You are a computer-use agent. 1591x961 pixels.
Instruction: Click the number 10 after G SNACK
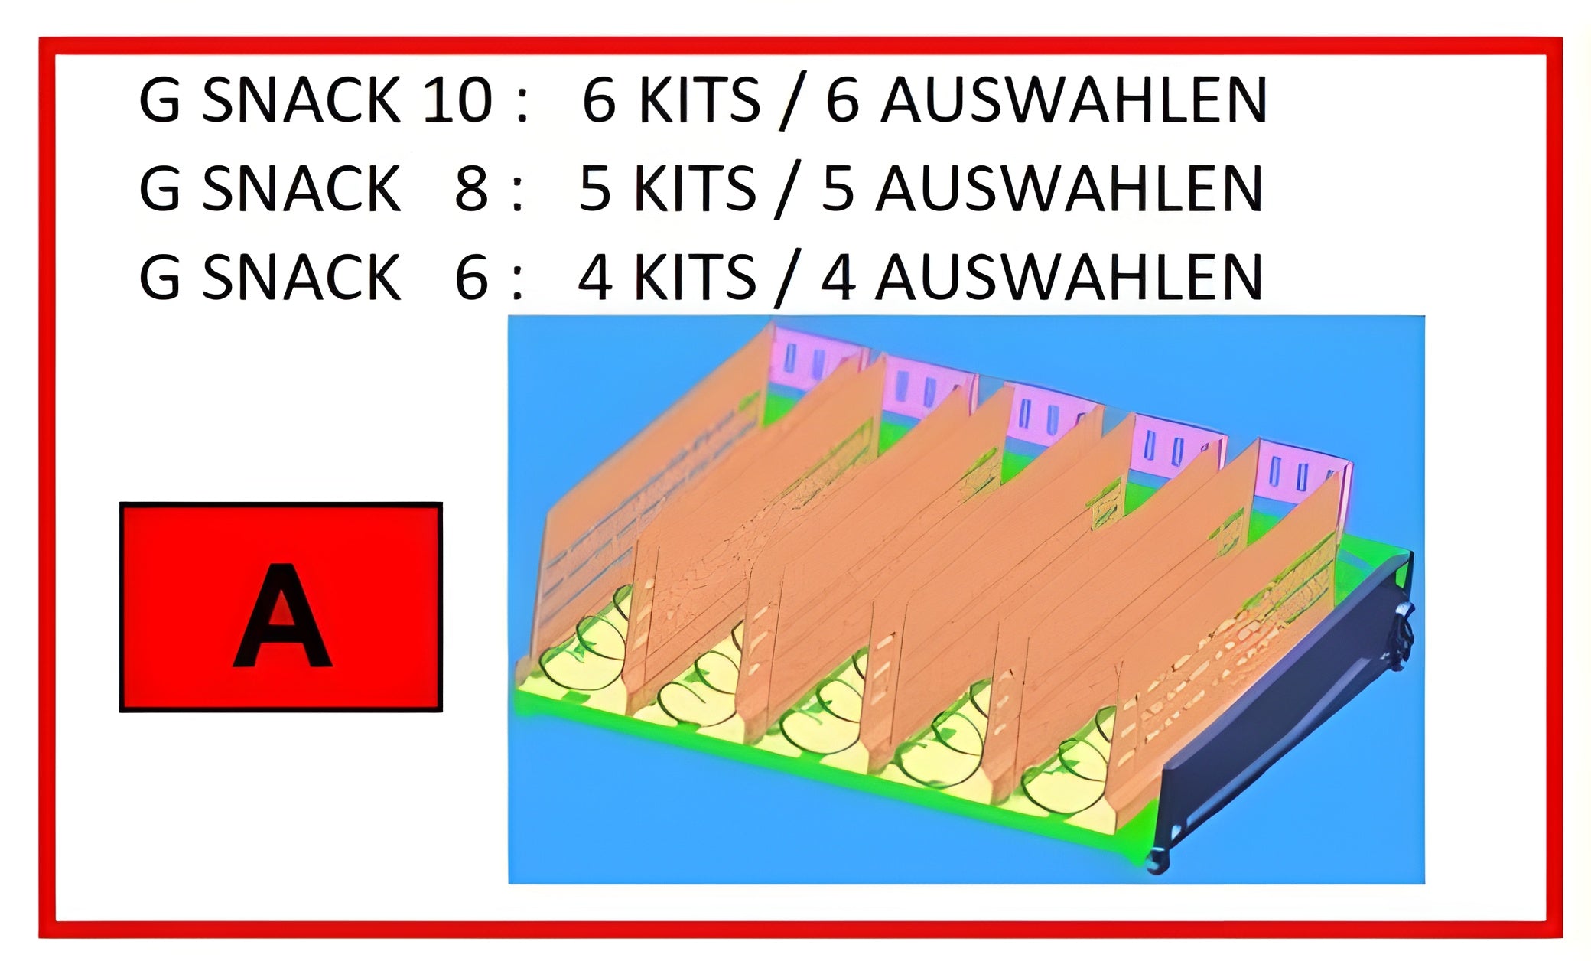[457, 100]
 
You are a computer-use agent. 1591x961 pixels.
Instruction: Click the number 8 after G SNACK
[471, 189]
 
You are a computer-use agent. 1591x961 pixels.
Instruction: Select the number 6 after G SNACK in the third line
[471, 278]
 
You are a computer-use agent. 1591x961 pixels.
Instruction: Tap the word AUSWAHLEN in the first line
[1073, 100]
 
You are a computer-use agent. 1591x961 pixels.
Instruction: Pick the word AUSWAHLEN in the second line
[1069, 189]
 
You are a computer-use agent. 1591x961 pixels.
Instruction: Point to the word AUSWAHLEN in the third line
[1069, 278]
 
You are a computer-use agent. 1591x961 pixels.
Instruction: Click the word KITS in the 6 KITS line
[698, 100]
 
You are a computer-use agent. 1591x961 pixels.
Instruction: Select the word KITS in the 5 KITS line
[695, 189]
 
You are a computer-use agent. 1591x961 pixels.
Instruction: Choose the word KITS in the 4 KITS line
[695, 278]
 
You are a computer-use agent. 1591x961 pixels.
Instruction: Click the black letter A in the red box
[281, 616]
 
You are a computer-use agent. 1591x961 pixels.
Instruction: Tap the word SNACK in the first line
[300, 100]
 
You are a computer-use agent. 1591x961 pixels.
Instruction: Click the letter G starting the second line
[159, 189]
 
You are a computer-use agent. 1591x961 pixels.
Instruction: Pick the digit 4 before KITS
[595, 278]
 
